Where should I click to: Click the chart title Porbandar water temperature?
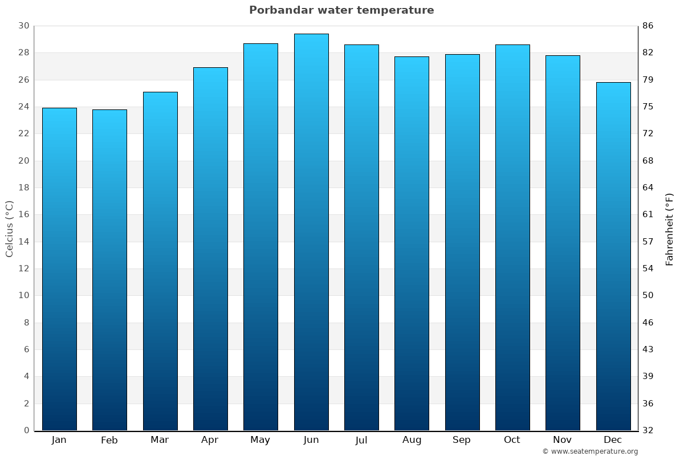(341, 10)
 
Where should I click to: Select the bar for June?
(311, 232)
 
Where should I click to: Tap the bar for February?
(109, 270)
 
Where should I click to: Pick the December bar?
(613, 256)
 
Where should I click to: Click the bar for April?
(210, 249)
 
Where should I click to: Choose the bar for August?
(412, 243)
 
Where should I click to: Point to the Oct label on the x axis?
(512, 440)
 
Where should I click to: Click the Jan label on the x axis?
(59, 440)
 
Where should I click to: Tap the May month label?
(260, 440)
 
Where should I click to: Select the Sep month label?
(462, 440)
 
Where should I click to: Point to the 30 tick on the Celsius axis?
(23, 26)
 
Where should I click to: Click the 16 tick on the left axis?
(23, 215)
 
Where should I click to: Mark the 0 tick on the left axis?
(26, 430)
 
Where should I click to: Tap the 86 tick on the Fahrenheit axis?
(648, 26)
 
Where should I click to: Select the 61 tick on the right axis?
(648, 215)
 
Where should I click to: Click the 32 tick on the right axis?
(648, 430)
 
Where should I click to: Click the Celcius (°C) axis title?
(9, 228)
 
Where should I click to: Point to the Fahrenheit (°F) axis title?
(670, 229)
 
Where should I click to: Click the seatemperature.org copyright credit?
(590, 451)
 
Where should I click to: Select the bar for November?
(563, 243)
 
